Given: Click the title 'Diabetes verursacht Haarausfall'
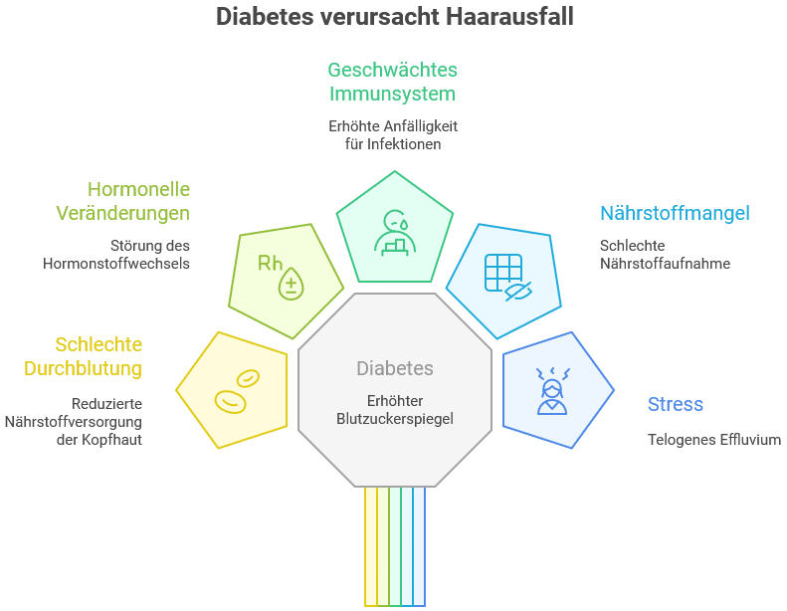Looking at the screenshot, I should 394,18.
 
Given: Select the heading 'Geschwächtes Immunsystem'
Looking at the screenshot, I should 392,82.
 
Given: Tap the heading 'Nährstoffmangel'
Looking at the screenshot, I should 674,213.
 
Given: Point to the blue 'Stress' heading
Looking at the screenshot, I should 675,404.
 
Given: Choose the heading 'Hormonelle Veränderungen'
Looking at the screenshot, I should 138,201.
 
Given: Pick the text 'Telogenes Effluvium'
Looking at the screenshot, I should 713,439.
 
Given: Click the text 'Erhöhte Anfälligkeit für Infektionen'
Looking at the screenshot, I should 393,135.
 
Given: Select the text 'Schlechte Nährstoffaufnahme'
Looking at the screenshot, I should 665,255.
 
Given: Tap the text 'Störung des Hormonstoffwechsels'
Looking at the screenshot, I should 116,255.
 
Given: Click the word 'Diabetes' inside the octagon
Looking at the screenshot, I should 395,368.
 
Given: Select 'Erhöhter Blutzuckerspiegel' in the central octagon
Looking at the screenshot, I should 395,410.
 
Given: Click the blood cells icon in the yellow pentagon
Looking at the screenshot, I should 236,389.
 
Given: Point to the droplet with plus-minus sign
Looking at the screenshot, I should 292,283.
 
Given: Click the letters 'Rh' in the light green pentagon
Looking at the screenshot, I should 270,263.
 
